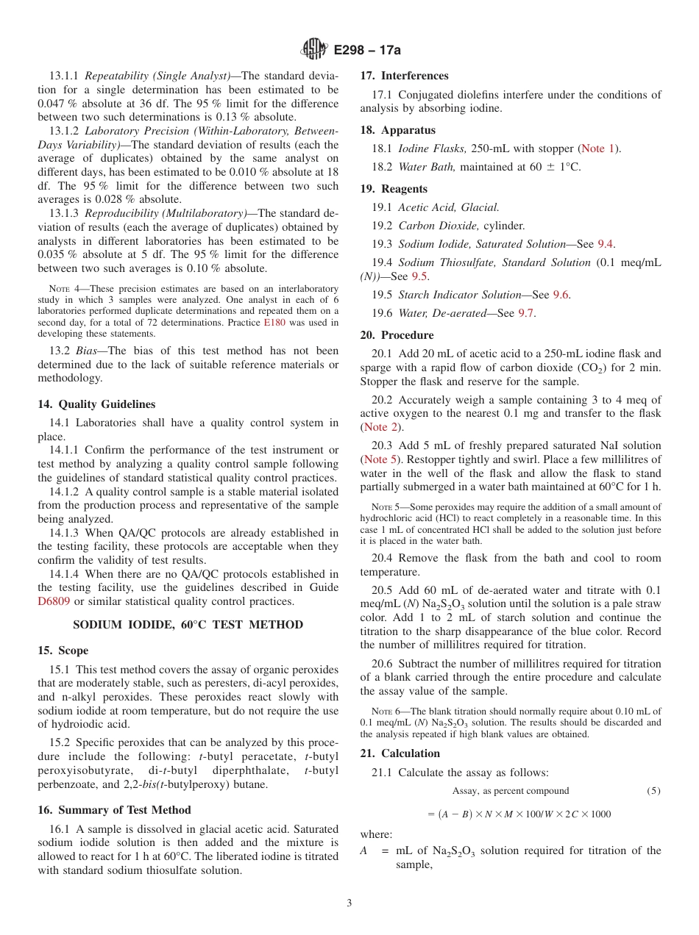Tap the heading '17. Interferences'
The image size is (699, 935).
pyautogui.click(x=404, y=76)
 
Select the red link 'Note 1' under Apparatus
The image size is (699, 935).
pyautogui.click(x=599, y=148)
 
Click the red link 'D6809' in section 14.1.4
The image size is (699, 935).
pyautogui.click(x=53, y=601)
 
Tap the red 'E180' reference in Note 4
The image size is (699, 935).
pyautogui.click(x=274, y=322)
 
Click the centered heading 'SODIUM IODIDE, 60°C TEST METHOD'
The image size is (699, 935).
pyautogui.click(x=188, y=625)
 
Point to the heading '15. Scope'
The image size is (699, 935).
pyautogui.click(x=63, y=651)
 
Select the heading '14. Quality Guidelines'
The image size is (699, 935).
pyautogui.click(x=96, y=404)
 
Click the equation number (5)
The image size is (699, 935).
pyautogui.click(x=653, y=791)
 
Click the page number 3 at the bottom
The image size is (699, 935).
pyautogui.click(x=349, y=903)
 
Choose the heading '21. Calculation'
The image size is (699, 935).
pyautogui.click(x=400, y=753)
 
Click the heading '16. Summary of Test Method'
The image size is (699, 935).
pyautogui.click(x=114, y=810)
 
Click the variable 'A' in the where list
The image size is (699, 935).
pyautogui.click(x=363, y=850)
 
